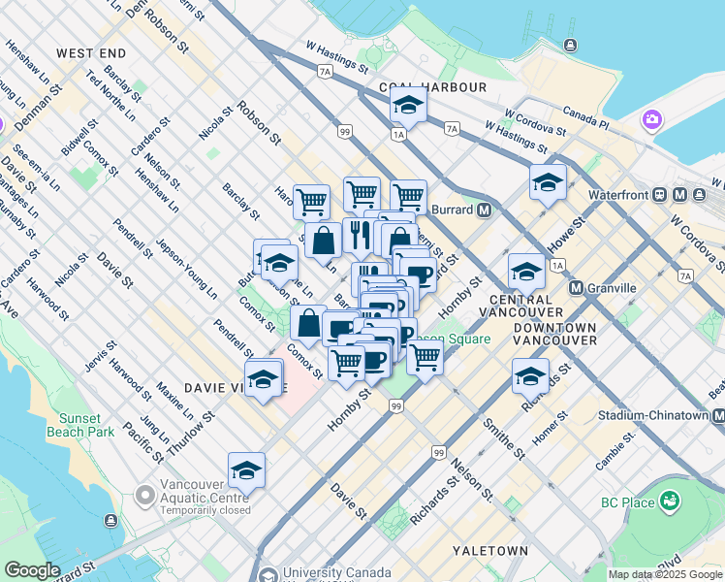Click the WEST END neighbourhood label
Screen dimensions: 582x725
(x=91, y=52)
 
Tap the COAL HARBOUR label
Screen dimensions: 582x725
(x=433, y=87)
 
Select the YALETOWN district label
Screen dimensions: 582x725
(x=495, y=551)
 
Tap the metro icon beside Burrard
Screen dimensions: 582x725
(x=483, y=210)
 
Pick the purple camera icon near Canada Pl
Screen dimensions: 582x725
(x=651, y=120)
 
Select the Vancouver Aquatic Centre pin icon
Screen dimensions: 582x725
(x=145, y=496)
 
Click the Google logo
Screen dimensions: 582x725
(x=31, y=570)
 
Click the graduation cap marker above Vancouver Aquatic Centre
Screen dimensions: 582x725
(x=247, y=470)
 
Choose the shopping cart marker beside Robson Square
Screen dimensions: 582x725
(x=425, y=356)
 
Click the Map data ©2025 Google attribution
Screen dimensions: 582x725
(x=666, y=574)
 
